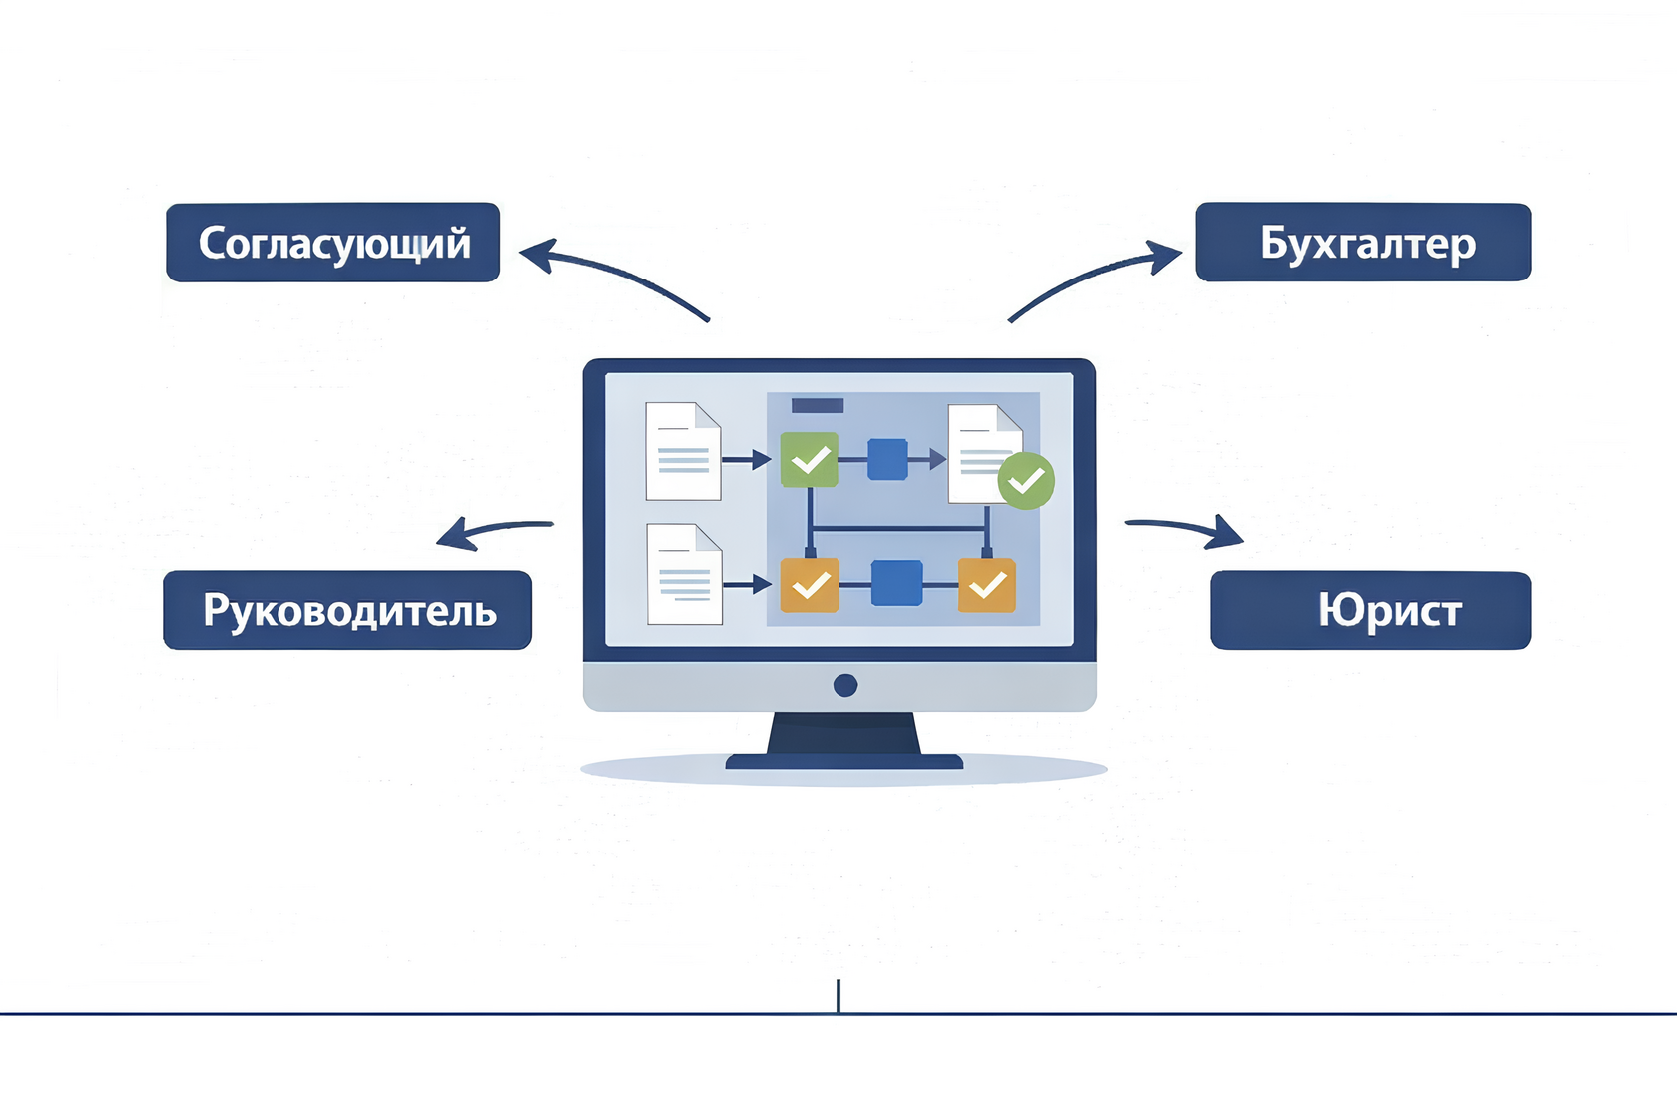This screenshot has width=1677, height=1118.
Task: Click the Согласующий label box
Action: pyautogui.click(x=332, y=243)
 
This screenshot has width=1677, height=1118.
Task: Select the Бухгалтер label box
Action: pyautogui.click(x=1363, y=243)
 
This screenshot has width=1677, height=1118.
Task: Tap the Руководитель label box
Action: pyautogui.click(x=347, y=610)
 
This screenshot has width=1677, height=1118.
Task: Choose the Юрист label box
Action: pyautogui.click(x=1370, y=610)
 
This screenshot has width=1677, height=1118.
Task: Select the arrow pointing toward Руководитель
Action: pyautogui.click(x=494, y=530)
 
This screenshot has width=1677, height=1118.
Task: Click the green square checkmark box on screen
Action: pyautogui.click(x=809, y=459)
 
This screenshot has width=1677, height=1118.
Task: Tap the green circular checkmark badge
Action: pyautogui.click(x=1026, y=481)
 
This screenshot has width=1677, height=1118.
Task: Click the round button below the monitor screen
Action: pyautogui.click(x=845, y=685)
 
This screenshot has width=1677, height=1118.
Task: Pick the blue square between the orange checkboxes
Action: pyautogui.click(x=896, y=583)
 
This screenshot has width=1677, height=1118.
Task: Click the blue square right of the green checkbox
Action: pyautogui.click(x=887, y=459)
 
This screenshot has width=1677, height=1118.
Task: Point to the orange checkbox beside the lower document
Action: pyautogui.click(x=810, y=584)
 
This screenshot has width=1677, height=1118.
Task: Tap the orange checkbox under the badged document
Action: pyautogui.click(x=987, y=584)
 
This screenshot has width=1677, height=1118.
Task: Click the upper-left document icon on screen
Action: pyautogui.click(x=683, y=451)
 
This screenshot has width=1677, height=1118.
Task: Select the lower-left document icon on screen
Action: pyautogui.click(x=684, y=574)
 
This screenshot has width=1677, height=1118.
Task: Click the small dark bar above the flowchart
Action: pyautogui.click(x=818, y=405)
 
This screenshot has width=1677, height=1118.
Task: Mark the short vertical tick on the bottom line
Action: pyautogui.click(x=838, y=996)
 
